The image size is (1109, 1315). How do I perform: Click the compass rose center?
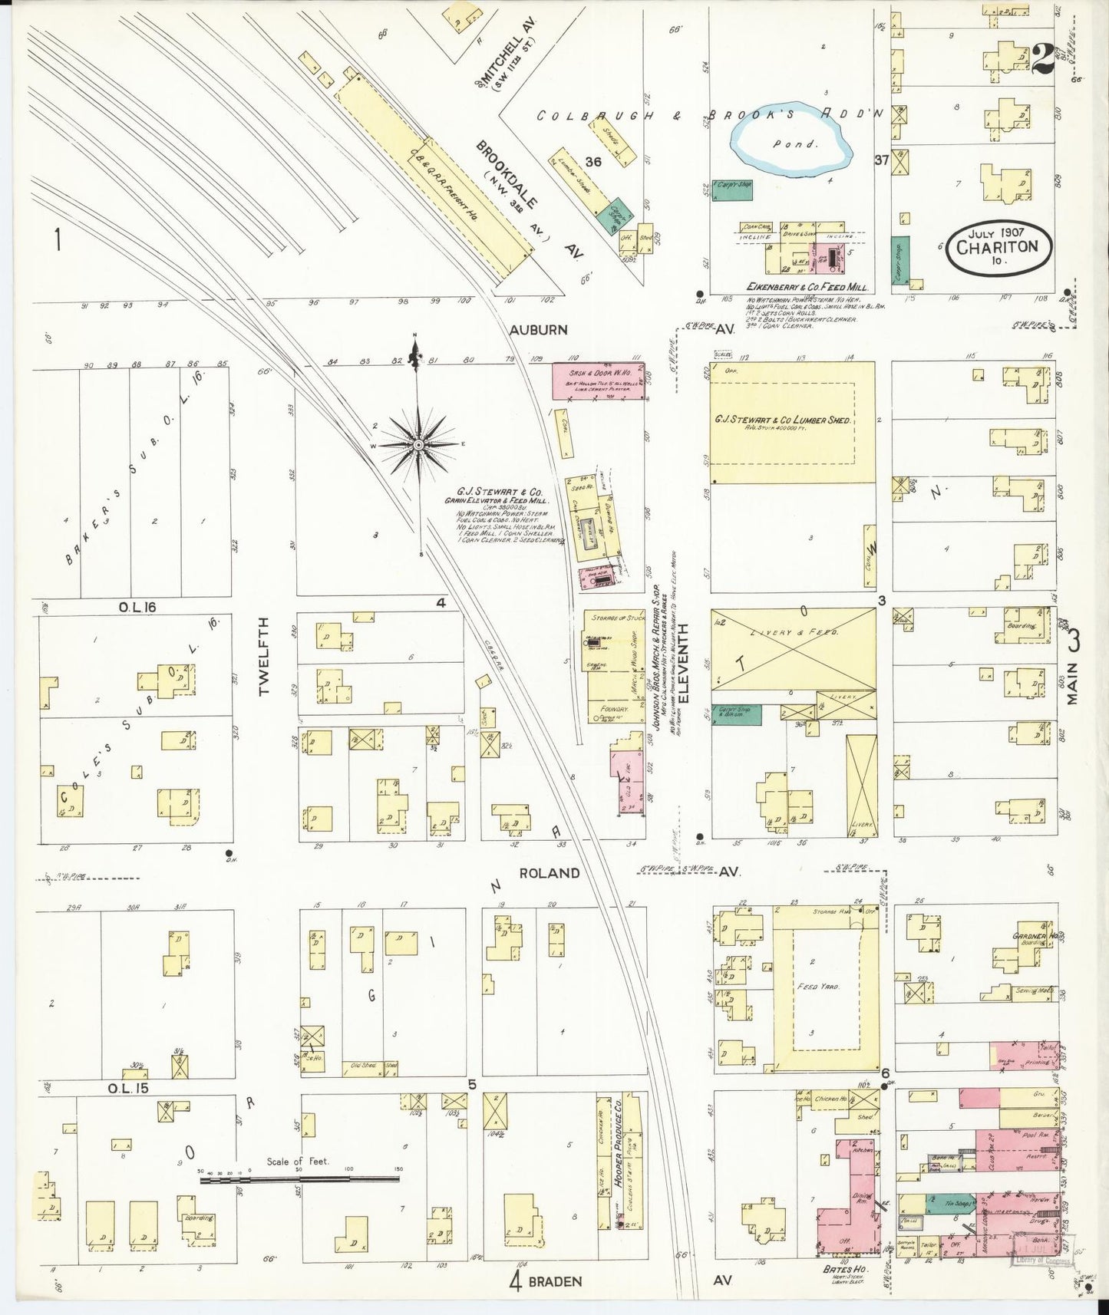[418, 445]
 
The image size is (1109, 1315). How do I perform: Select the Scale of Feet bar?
[299, 1178]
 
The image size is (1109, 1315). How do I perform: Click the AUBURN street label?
[539, 330]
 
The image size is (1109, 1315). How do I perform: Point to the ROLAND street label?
[549, 873]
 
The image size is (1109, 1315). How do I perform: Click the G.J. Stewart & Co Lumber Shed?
[792, 421]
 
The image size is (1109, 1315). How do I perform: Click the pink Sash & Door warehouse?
[599, 381]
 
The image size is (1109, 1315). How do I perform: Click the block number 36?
[592, 162]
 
